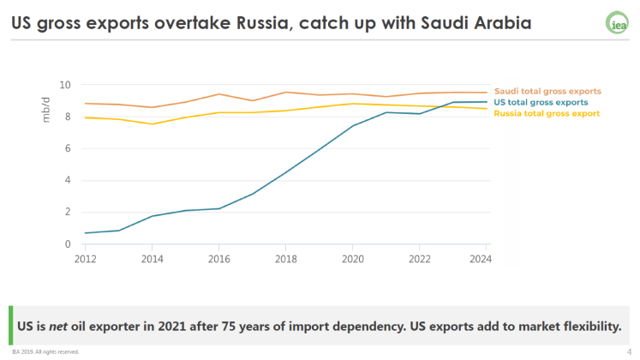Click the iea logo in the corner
pyautogui.click(x=616, y=23)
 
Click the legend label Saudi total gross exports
pyautogui.click(x=547, y=91)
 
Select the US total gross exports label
pyautogui.click(x=541, y=102)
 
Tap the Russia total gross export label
pyautogui.click(x=547, y=113)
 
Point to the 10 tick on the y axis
pyautogui.click(x=65, y=85)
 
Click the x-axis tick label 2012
pyautogui.click(x=86, y=257)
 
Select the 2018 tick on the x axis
pyautogui.click(x=286, y=257)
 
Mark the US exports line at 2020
pyautogui.click(x=353, y=126)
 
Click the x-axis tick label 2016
pyautogui.click(x=219, y=257)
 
